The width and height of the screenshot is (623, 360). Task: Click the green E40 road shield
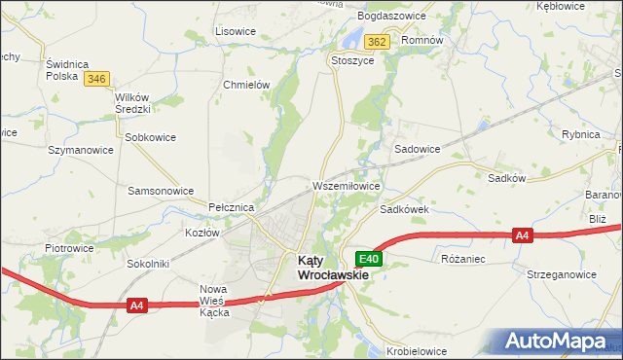(369, 259)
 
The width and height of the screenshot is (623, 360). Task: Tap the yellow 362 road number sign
(379, 42)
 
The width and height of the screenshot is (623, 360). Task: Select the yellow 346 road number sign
(95, 79)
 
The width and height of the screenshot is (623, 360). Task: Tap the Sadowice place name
(417, 149)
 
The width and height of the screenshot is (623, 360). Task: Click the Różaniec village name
(463, 260)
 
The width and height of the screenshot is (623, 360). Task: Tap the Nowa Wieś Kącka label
(213, 301)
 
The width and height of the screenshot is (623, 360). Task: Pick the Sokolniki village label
(147, 264)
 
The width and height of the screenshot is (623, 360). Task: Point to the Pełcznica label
(232, 208)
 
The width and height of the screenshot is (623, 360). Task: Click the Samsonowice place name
(161, 191)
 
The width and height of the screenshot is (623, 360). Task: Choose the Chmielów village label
(245, 85)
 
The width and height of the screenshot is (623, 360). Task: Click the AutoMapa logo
(559, 341)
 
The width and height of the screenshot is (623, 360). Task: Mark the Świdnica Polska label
(68, 69)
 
